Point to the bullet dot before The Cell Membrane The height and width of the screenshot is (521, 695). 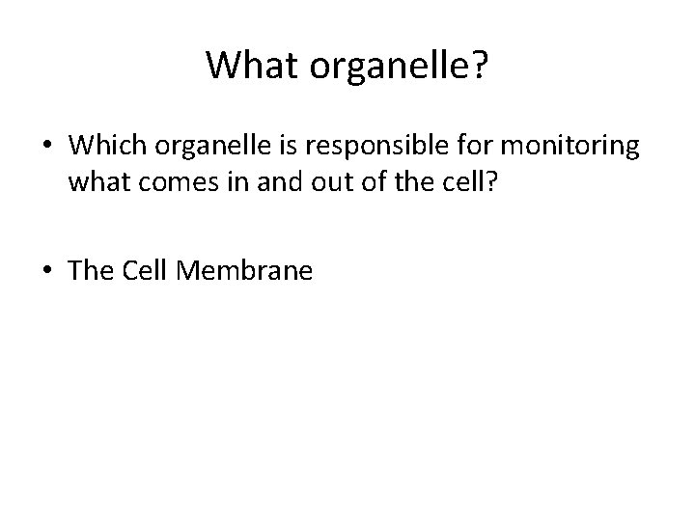click(x=48, y=272)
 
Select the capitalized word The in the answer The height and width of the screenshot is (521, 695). click(x=92, y=271)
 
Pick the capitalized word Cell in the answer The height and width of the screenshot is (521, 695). click(x=149, y=271)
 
